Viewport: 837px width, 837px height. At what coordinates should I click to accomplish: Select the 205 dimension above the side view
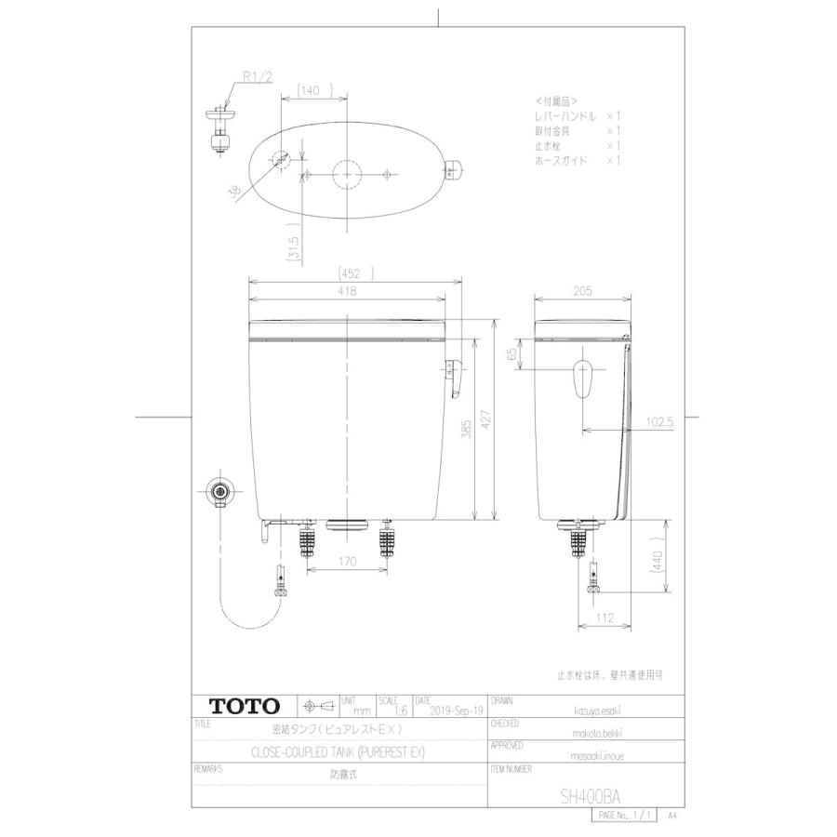[x=583, y=291]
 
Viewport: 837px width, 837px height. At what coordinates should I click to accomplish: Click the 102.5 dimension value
[x=658, y=421]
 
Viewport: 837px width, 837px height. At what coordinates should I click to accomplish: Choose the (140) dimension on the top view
[x=310, y=91]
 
